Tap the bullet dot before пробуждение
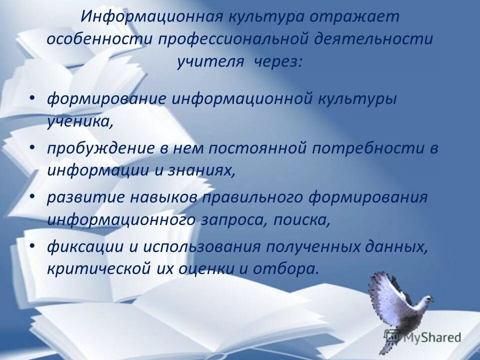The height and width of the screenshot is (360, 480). [32, 147]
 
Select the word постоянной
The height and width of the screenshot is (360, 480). [262, 148]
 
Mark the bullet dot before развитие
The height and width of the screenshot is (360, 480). [32, 196]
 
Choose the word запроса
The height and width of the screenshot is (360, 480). [231, 219]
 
